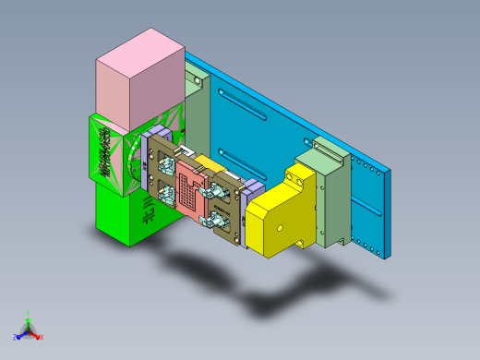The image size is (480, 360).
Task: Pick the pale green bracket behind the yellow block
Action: coord(331,198)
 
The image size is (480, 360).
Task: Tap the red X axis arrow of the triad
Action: coord(38,336)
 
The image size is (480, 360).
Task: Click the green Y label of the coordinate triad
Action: coord(29,314)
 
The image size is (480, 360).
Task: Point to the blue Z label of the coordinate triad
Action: coord(17,337)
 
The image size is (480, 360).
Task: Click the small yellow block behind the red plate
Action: coord(209,166)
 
